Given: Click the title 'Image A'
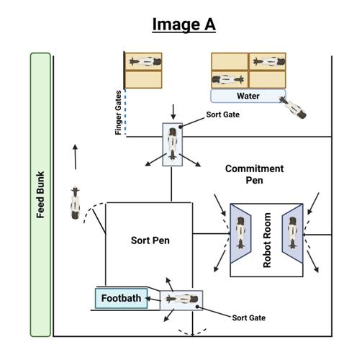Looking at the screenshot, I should (184, 24).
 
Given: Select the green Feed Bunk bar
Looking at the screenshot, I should (40, 194).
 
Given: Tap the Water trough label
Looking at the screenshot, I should (248, 96).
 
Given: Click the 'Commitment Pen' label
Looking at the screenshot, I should (254, 174).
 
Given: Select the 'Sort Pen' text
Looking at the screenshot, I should (150, 240).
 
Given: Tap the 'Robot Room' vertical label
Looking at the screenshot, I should (267, 240).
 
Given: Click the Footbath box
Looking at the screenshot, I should (120, 297).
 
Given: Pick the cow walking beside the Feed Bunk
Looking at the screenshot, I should (76, 203).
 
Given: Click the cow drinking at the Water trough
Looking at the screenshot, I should (293, 108).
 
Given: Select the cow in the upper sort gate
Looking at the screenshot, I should (173, 143).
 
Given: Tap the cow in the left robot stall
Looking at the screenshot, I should (243, 238).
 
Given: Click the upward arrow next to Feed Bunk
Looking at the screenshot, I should (74, 155).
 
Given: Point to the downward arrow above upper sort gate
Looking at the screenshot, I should (173, 111).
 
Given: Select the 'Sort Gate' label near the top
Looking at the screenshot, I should (222, 114).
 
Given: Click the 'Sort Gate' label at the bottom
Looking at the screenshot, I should (249, 317).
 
